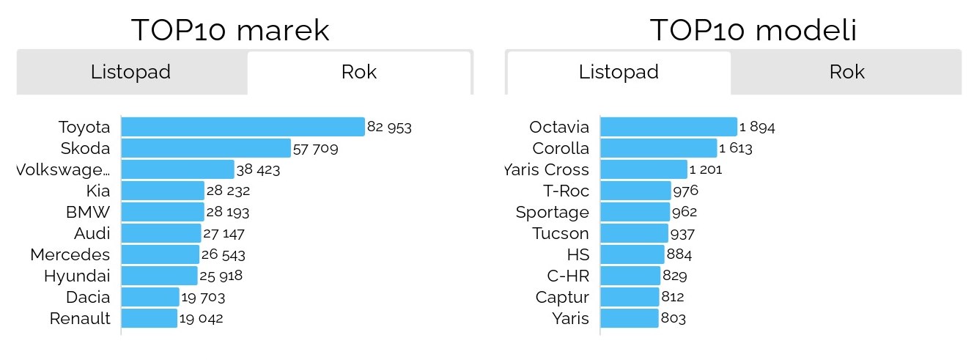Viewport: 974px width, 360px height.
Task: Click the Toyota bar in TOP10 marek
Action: coord(243,127)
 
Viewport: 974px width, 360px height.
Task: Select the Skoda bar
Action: coord(206,148)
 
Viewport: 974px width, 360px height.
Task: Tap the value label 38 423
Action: coord(259,170)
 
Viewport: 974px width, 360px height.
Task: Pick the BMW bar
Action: coord(163,213)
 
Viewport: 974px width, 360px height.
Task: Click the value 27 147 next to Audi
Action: coord(224,234)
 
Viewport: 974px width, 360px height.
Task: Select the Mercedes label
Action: coord(70,255)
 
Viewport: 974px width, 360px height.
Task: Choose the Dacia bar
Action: coord(150,298)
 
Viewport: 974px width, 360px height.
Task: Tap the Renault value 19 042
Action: coord(201,319)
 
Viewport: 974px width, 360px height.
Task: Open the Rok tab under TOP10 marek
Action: coord(359,73)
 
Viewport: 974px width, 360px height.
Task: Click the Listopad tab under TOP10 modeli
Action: coord(619,73)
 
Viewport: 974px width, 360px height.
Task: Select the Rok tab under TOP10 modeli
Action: coord(846,73)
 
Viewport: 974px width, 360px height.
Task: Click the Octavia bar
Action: coord(668,127)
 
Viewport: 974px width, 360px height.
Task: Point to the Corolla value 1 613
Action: coord(736,148)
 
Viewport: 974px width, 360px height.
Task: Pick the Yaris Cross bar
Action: coord(643,170)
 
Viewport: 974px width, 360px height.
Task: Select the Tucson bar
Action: coord(634,234)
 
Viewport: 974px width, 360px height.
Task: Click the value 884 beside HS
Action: coord(679,255)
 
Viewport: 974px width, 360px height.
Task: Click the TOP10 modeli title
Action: coord(753,31)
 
